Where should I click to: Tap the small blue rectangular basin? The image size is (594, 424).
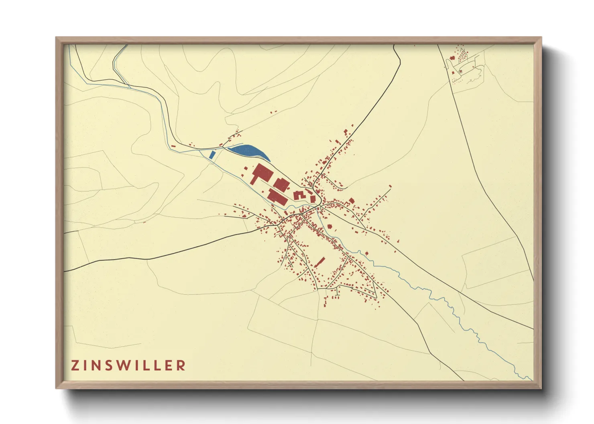pos(212,155)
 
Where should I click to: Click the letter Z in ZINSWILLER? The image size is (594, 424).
pos(75,365)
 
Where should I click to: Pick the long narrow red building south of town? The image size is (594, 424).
pos(319,262)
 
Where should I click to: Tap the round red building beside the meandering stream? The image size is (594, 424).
pos(366,253)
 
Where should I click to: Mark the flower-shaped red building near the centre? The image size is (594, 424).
pos(330,227)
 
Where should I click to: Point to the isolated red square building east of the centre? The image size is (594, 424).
pos(352,200)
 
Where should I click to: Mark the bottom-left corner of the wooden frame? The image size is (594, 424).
pos(57,388)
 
